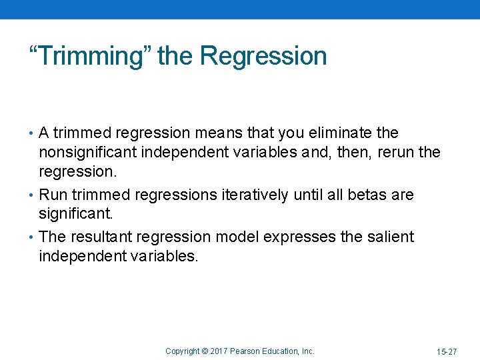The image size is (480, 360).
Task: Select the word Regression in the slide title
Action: pos(263,56)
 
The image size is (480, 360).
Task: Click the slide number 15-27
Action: pos(447,351)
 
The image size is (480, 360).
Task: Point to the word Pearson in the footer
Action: pos(246,351)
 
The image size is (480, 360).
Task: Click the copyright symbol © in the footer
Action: pos(205,351)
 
